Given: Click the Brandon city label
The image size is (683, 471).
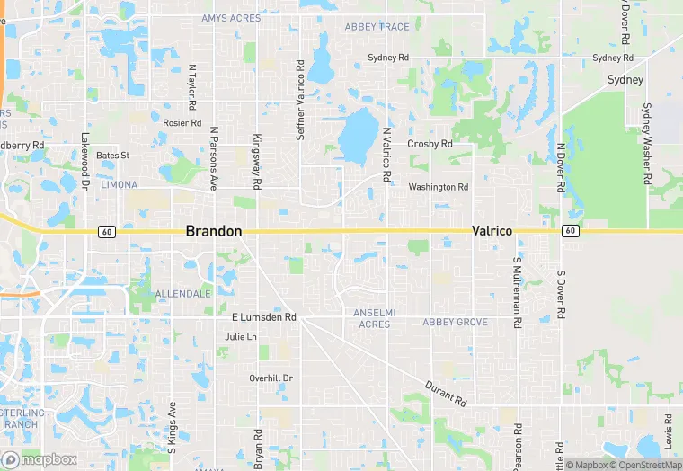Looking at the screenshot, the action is point(213,231).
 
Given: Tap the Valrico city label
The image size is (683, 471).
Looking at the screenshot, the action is point(492,231).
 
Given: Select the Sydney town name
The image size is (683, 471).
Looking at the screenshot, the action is point(625,80).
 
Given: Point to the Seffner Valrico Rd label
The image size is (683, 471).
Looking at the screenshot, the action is point(301,100).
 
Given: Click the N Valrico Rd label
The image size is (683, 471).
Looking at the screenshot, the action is point(387,155).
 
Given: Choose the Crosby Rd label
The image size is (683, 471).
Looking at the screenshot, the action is point(429,144).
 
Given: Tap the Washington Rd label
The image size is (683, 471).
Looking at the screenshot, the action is point(438,187).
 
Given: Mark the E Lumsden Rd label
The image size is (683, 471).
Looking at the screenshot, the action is point(263,317).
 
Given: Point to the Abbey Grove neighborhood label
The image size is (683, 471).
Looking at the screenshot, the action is point(455,322).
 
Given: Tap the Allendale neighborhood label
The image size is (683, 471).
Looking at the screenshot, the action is point(182,294).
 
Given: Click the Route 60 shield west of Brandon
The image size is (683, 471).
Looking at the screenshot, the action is point(107,232).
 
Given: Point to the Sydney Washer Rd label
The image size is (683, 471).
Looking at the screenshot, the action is point(646,144).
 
